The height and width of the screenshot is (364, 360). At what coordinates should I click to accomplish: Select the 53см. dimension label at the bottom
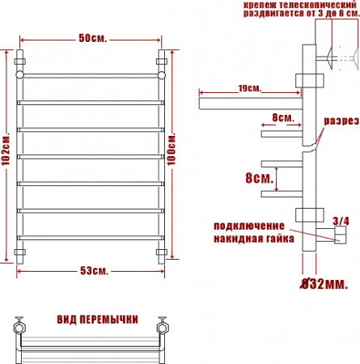(x=95, y=269)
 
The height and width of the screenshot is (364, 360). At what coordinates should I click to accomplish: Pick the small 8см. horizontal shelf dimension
(x=282, y=117)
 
